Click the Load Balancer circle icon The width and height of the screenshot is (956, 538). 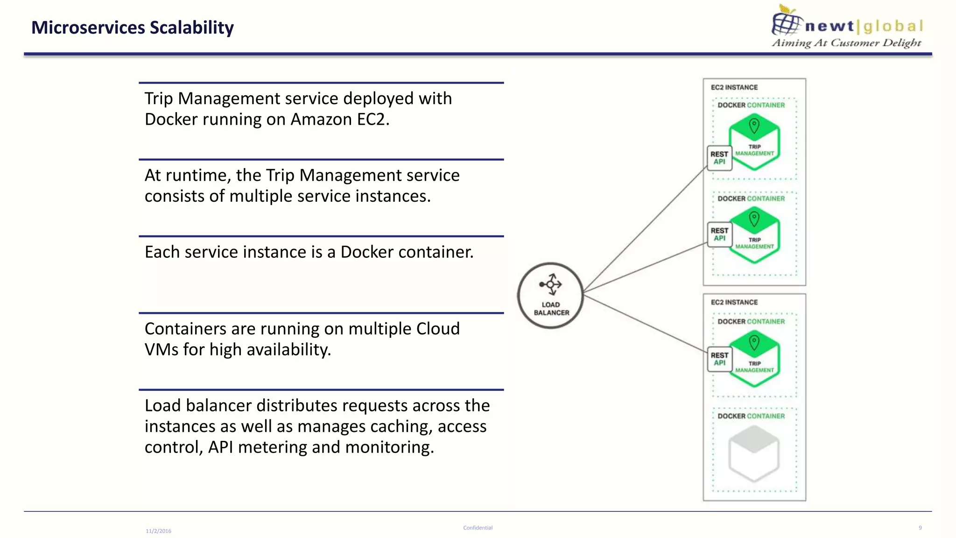(x=550, y=295)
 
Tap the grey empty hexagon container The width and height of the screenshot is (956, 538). (x=753, y=453)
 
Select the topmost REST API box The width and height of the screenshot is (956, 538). (x=719, y=158)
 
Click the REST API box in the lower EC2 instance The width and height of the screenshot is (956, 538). (x=719, y=359)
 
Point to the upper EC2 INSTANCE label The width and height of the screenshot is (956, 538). (x=734, y=87)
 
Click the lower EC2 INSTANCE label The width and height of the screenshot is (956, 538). (x=734, y=302)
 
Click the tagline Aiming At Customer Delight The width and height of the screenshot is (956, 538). (x=846, y=43)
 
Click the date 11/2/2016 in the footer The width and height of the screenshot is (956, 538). (x=158, y=531)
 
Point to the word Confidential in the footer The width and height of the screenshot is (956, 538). (x=478, y=528)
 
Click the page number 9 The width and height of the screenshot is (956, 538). (x=920, y=528)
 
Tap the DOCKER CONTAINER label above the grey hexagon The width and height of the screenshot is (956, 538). (x=751, y=416)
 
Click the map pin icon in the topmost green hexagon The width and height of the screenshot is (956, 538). (x=754, y=125)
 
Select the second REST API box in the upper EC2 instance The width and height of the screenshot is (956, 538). (x=719, y=234)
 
